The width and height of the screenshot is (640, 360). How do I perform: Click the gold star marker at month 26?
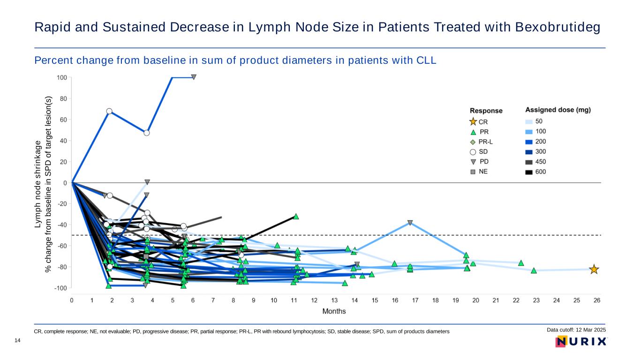pyautogui.click(x=594, y=270)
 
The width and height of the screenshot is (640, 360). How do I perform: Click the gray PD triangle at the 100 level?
pyautogui.click(x=193, y=77)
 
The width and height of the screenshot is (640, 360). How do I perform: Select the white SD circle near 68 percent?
pyautogui.click(x=109, y=111)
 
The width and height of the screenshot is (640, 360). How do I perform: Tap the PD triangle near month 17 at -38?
pyautogui.click(x=410, y=223)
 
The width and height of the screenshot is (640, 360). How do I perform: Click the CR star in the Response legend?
pyautogui.click(x=473, y=121)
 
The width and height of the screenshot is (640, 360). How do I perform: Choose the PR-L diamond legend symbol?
pyautogui.click(x=473, y=142)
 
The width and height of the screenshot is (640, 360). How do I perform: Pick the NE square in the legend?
pyautogui.click(x=473, y=172)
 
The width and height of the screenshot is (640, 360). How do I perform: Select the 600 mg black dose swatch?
pyautogui.click(x=529, y=172)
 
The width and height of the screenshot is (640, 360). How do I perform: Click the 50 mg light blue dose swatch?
pyautogui.click(x=529, y=121)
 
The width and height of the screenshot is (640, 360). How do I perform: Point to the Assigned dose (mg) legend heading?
pyautogui.click(x=557, y=110)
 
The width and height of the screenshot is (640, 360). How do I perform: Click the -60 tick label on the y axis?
pyautogui.click(x=61, y=246)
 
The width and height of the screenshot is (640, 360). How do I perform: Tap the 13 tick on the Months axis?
pyautogui.click(x=334, y=300)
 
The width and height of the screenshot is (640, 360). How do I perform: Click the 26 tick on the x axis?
pyautogui.click(x=597, y=300)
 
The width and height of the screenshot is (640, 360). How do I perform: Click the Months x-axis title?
pyautogui.click(x=334, y=311)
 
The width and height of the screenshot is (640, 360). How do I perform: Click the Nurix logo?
pyautogui.click(x=581, y=342)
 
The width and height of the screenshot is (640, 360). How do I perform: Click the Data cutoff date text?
pyautogui.click(x=576, y=330)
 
